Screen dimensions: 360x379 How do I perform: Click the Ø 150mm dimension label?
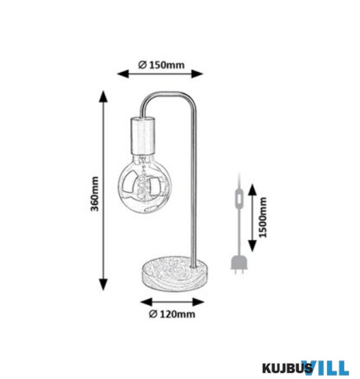[161, 65]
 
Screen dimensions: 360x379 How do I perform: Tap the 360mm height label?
[95, 194]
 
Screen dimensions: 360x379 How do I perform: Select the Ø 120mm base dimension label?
[172, 314]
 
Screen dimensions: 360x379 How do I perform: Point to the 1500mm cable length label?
[263, 217]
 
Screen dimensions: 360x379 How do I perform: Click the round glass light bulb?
[145, 184]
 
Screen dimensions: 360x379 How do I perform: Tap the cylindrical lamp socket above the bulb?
[143, 136]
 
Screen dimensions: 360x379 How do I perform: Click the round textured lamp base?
[175, 273]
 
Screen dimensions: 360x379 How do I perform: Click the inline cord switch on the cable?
[239, 199]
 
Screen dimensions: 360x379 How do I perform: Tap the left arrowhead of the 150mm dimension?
[123, 74]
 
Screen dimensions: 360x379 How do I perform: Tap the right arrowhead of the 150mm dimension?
[197, 74]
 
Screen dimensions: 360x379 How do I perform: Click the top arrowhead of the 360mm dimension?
[104, 97]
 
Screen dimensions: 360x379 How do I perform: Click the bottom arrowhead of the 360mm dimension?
[104, 284]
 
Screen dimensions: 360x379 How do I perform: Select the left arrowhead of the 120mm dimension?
[146, 302]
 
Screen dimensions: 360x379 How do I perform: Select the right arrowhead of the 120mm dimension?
[198, 302]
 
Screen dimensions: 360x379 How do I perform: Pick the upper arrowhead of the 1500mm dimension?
[252, 189]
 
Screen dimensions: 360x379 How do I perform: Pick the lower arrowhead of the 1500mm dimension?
[252, 246]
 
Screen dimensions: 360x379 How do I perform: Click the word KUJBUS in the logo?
[287, 369]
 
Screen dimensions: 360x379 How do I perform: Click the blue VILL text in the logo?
[327, 368]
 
